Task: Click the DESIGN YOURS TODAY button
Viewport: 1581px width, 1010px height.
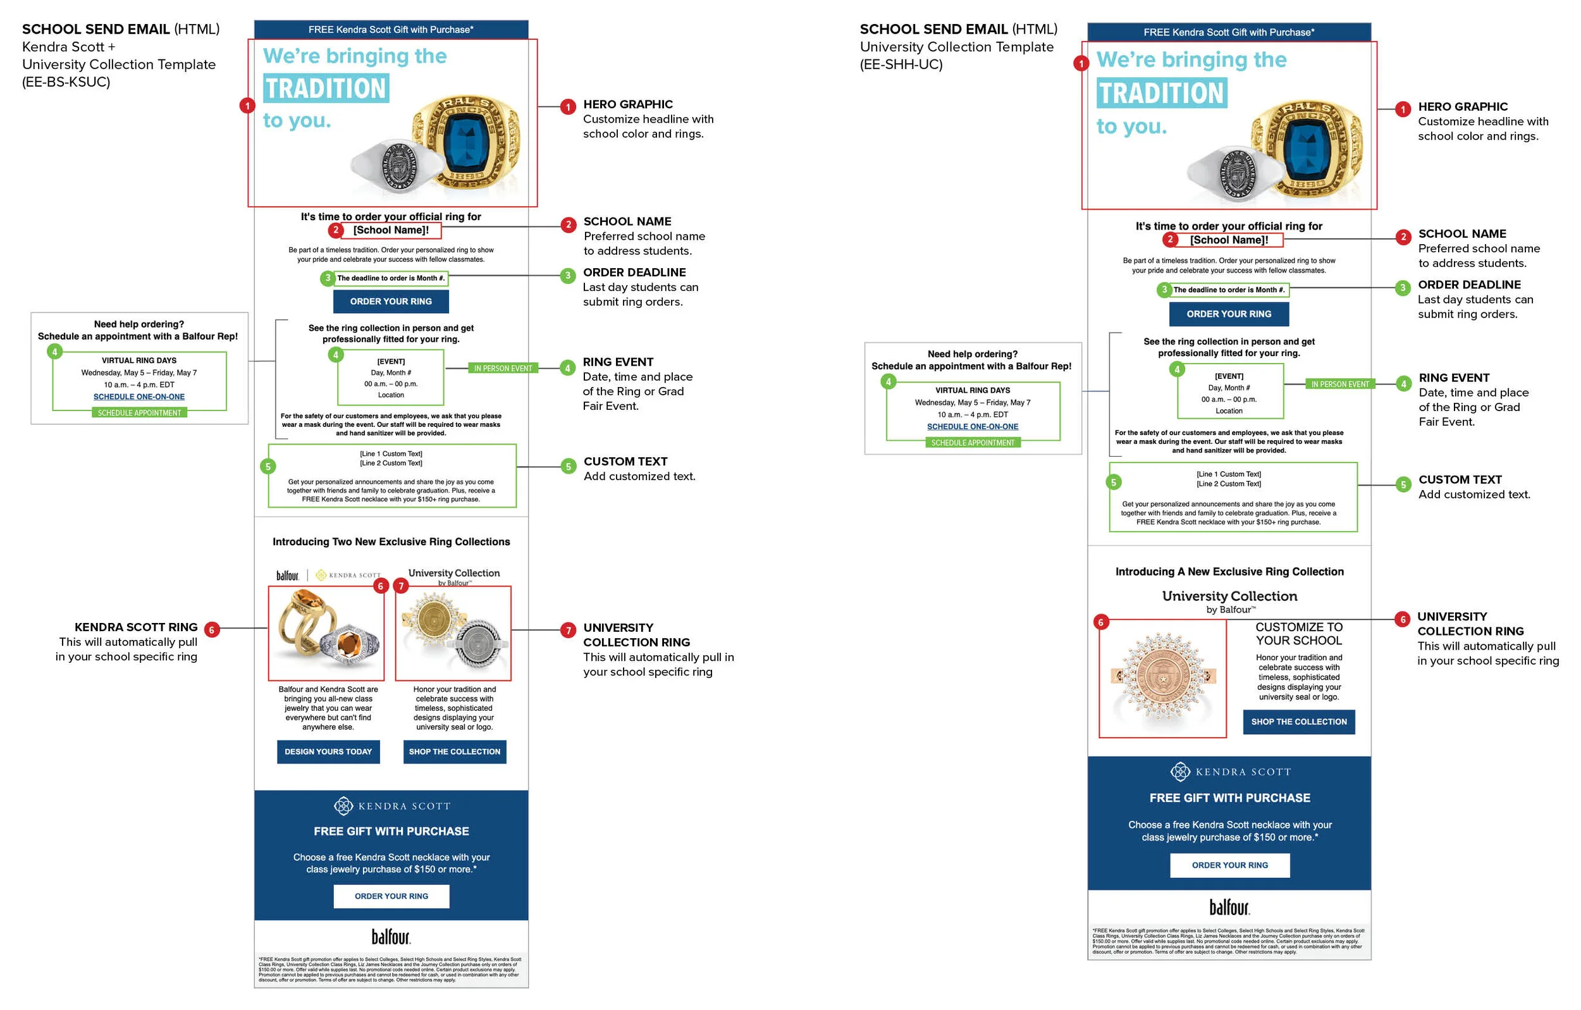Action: [328, 751]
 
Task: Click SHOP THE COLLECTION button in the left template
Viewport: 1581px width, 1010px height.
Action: [454, 751]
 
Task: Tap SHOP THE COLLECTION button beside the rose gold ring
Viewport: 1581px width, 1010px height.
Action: [1298, 722]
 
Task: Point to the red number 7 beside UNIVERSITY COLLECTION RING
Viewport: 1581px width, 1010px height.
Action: [568, 630]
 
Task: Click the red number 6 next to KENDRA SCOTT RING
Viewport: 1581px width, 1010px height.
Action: [211, 629]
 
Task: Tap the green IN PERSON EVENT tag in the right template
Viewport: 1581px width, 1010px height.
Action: [1339, 384]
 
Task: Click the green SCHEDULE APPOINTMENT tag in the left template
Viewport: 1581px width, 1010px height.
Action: [139, 412]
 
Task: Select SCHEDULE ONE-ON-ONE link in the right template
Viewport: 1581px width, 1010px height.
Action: [973, 426]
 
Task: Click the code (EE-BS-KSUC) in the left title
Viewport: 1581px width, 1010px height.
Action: [66, 82]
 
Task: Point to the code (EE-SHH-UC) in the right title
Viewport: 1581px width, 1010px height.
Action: [901, 65]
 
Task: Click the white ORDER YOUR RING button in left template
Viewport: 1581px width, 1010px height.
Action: [391, 896]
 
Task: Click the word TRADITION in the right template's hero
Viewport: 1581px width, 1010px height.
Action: [1162, 93]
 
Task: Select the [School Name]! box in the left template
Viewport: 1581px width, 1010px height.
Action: [391, 230]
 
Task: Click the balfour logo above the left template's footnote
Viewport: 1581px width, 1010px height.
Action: [391, 936]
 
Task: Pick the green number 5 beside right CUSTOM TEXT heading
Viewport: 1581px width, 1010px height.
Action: [1403, 484]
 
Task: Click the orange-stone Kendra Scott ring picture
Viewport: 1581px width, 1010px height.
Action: [326, 633]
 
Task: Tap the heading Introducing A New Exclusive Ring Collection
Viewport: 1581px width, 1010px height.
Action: [1229, 571]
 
